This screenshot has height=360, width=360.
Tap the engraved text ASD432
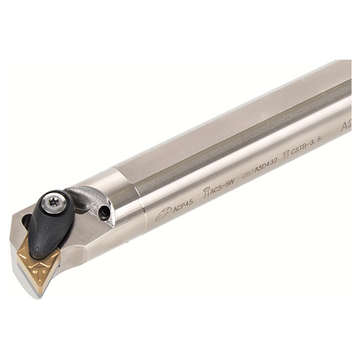click(x=266, y=166)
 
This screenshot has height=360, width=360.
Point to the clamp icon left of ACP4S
click(x=163, y=213)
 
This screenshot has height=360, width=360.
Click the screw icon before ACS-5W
click(x=206, y=192)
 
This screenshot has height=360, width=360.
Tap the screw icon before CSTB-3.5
click(x=286, y=154)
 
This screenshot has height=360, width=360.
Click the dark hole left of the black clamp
click(x=26, y=220)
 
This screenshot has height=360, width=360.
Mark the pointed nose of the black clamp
click(x=37, y=253)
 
